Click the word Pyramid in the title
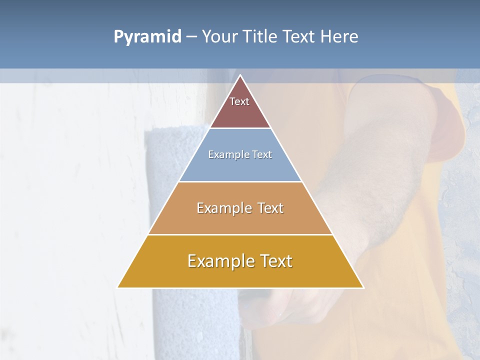[147, 37]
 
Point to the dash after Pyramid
[191, 37]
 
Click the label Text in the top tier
[239, 101]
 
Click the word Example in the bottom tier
[220, 261]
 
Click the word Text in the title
[299, 37]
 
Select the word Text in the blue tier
[262, 154]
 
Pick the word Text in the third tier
[270, 208]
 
